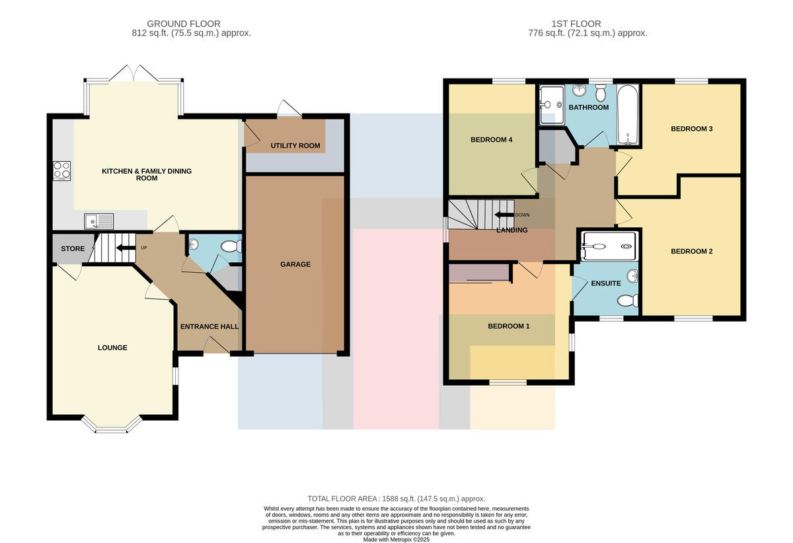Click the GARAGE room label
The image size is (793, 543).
[x=295, y=264]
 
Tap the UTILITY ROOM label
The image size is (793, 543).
[x=295, y=145]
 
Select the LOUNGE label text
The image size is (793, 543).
[x=112, y=347]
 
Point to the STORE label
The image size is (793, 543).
[x=73, y=248]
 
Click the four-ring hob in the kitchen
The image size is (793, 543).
[x=61, y=170]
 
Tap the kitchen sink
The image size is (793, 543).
[x=98, y=221]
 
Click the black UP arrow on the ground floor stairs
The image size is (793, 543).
[x=126, y=248]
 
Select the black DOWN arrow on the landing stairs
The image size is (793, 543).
[x=504, y=215]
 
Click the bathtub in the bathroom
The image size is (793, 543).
[x=628, y=115]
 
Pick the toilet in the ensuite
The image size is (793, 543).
[x=627, y=301]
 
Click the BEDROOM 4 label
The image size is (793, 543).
[x=492, y=139]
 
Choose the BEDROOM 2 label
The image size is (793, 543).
[x=691, y=251]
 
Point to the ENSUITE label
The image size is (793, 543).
[x=606, y=283]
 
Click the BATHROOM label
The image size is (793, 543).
[x=588, y=107]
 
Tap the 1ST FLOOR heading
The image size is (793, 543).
[x=576, y=24]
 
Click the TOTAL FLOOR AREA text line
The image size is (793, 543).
[x=396, y=499]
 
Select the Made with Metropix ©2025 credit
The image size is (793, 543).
[x=396, y=540]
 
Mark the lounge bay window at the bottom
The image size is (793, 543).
[x=112, y=425]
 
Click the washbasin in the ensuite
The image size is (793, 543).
[x=632, y=275]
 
